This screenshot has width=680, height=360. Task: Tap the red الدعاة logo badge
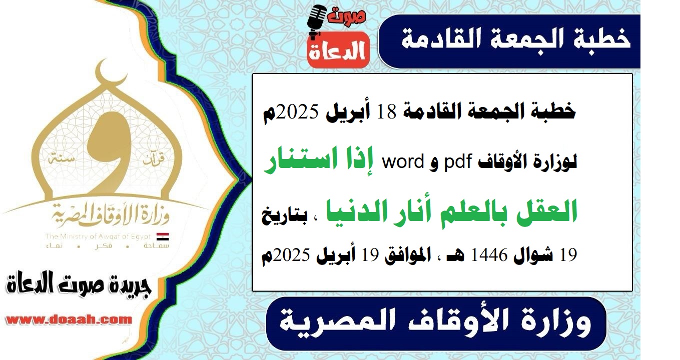click(x=338, y=49)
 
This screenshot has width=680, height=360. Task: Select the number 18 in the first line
click(x=387, y=111)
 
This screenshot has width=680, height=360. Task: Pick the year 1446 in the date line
click(x=489, y=255)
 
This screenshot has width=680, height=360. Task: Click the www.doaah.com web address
click(x=69, y=319)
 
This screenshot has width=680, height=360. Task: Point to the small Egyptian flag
click(x=163, y=236)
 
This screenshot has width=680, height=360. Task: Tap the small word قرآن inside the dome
click(x=154, y=159)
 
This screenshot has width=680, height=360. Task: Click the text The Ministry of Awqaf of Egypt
click(x=98, y=236)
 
